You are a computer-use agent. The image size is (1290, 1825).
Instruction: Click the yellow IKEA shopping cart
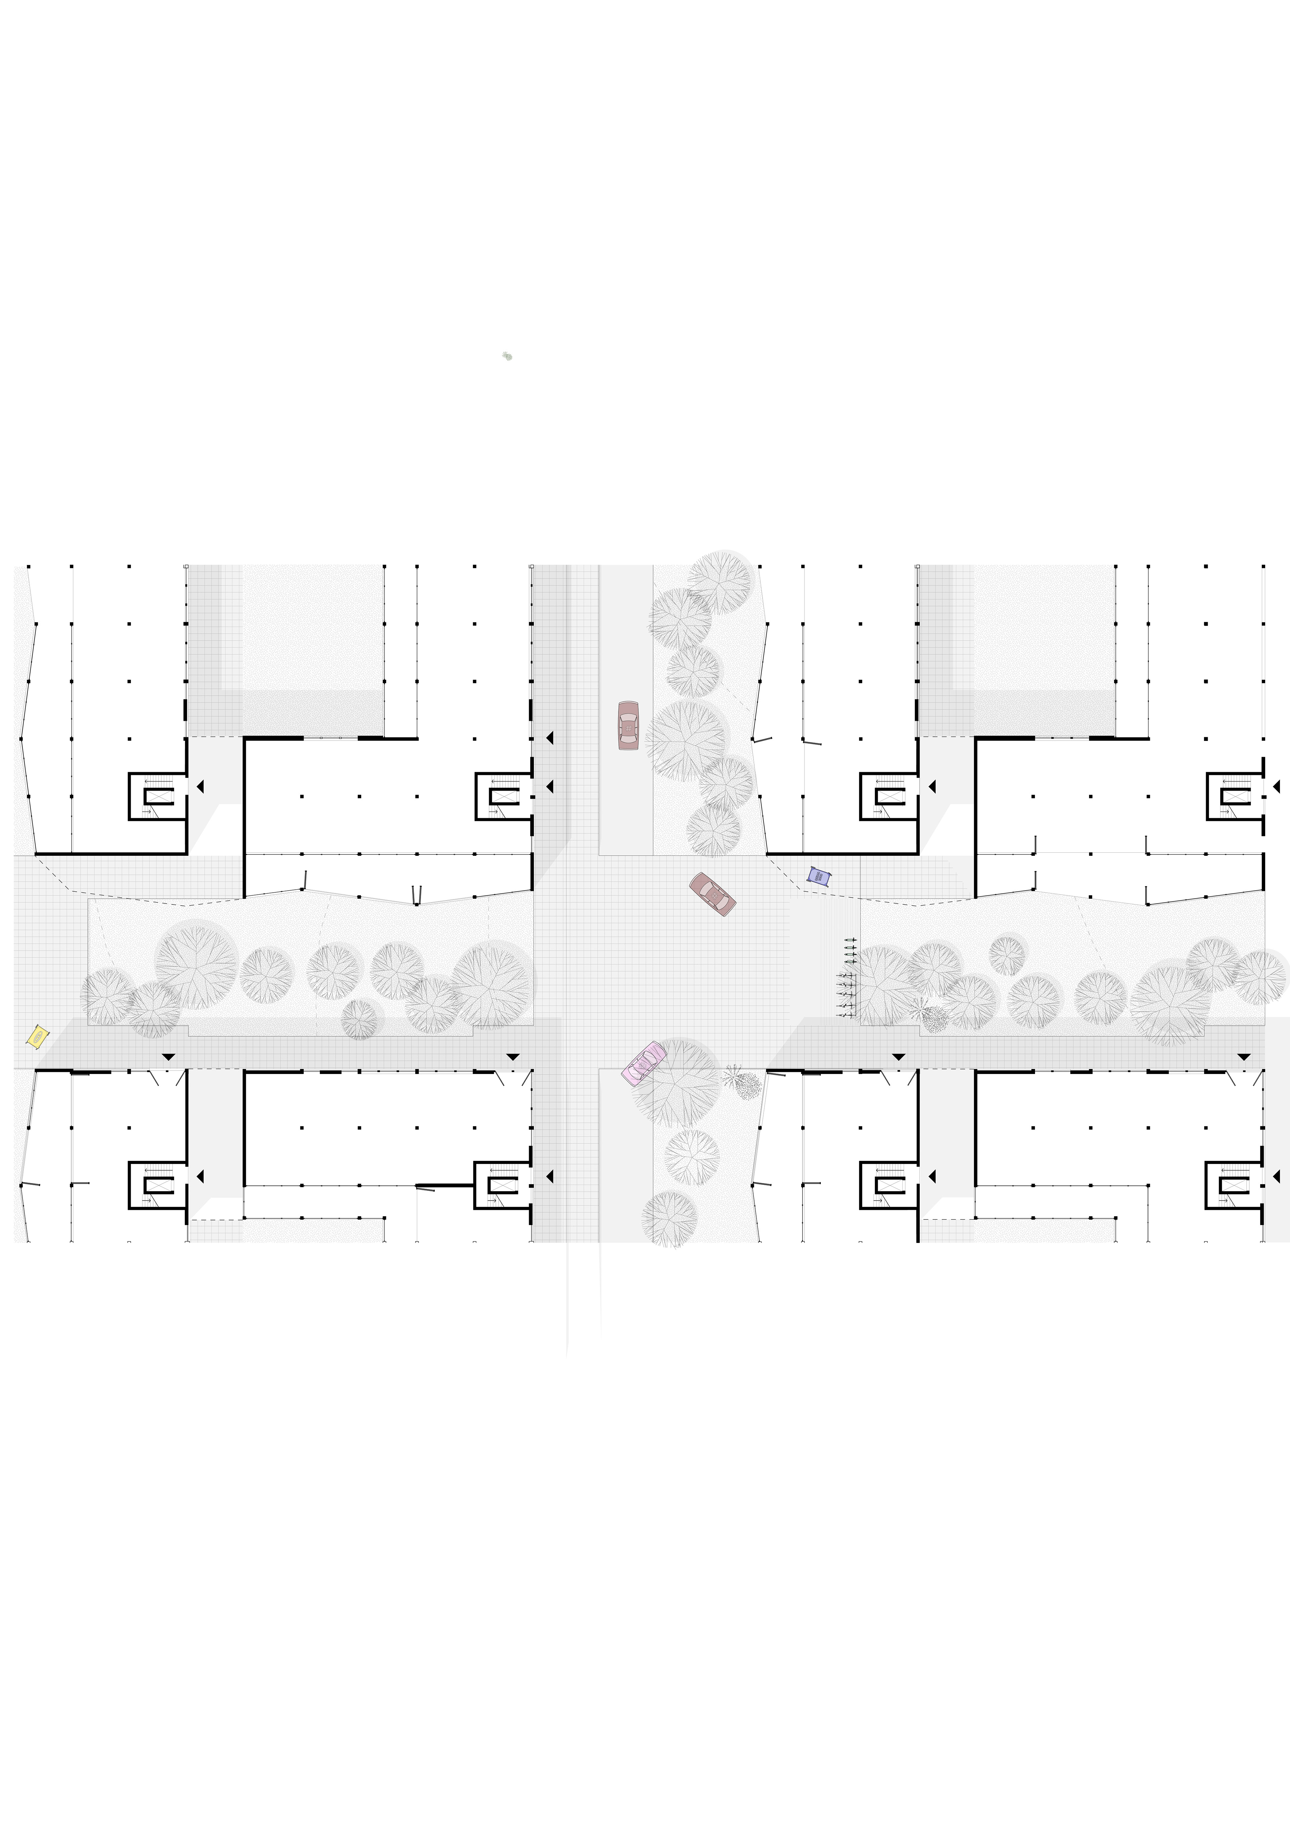pos(37,1036)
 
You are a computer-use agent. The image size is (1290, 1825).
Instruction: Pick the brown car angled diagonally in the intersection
pos(712,894)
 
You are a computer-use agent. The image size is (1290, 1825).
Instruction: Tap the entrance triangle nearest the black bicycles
pos(898,1057)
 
